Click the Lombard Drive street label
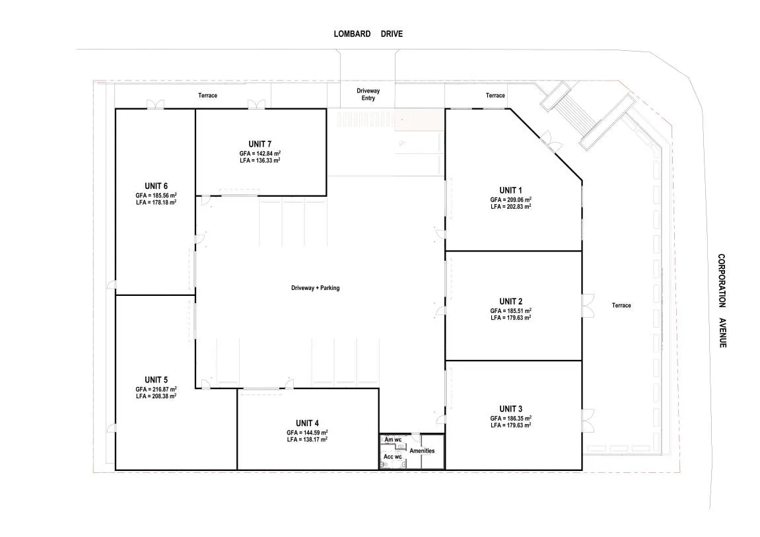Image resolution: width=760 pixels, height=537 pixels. [368, 34]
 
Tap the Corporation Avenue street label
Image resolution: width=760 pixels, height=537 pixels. [722, 301]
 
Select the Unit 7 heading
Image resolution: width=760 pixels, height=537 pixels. [259, 144]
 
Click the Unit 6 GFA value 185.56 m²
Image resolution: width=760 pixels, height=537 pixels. [156, 196]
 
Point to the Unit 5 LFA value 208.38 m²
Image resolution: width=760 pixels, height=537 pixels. [156, 396]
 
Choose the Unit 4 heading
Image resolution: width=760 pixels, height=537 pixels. [307, 423]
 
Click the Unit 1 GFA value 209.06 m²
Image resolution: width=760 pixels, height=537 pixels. [511, 199]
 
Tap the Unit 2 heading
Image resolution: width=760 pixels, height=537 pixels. [511, 301]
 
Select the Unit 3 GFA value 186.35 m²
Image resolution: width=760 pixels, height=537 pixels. [511, 418]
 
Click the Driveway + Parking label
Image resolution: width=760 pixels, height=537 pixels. [316, 288]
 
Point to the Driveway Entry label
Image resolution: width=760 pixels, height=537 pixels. [368, 94]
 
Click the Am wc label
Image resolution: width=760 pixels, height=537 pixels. [393, 440]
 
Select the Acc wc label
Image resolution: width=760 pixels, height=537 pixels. [393, 456]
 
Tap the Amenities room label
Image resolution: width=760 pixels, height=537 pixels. [422, 450]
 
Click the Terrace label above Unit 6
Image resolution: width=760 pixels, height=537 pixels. [207, 96]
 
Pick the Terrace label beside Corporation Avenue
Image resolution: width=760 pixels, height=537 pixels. [621, 305]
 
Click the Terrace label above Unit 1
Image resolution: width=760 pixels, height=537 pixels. [495, 96]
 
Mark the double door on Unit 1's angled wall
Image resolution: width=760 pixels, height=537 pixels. [551, 141]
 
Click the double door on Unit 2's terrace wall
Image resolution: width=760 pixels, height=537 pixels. [588, 306]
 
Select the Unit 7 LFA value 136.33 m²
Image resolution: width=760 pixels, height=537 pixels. [259, 161]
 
